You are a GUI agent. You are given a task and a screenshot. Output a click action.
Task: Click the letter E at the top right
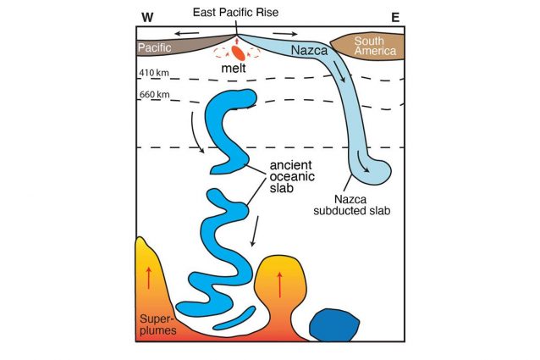click(394, 16)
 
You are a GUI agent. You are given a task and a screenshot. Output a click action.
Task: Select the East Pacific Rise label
click(236, 11)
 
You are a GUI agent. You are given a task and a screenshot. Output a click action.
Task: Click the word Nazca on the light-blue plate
click(308, 52)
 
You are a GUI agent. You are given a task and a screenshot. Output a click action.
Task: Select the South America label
click(369, 47)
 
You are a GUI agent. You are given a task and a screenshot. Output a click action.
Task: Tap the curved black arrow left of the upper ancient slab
click(196, 136)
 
